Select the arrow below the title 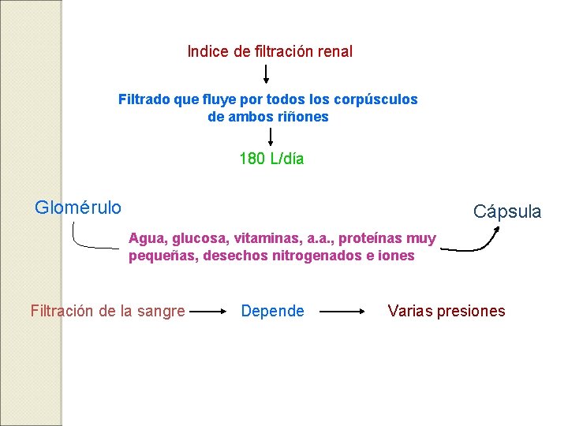click(x=266, y=74)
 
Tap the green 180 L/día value click(x=271, y=159)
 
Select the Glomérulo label click(x=78, y=207)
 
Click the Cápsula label click(x=507, y=211)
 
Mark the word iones click(x=397, y=256)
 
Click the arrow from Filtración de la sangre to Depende click(x=209, y=312)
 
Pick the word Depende click(x=272, y=312)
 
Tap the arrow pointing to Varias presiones click(x=342, y=312)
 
